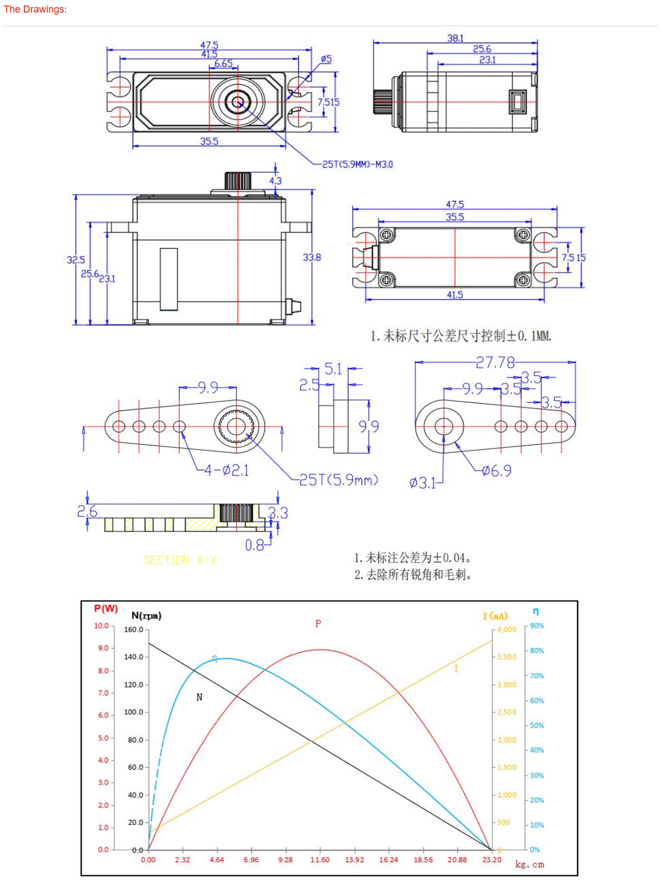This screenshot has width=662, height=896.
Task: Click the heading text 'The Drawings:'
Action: (x=35, y=9)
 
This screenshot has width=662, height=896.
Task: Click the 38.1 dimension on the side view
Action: (x=455, y=38)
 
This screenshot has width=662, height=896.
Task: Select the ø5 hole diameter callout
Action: (x=326, y=58)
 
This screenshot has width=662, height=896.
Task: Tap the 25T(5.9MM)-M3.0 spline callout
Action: (x=357, y=164)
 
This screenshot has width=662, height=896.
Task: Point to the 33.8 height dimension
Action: (x=312, y=257)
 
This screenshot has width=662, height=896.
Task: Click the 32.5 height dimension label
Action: (x=76, y=259)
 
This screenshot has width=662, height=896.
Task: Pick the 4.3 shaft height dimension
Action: (x=275, y=180)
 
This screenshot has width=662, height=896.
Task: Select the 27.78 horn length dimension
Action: (x=495, y=362)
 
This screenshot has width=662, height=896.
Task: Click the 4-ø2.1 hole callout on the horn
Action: (x=226, y=470)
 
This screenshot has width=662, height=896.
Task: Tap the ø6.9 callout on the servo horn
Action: (x=496, y=471)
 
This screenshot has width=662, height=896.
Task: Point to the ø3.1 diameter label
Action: (x=422, y=483)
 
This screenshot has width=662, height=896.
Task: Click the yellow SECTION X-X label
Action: (x=180, y=561)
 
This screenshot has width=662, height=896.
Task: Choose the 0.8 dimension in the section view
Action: (x=254, y=545)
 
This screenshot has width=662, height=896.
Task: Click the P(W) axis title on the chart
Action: (x=106, y=609)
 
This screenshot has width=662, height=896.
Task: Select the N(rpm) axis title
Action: (x=146, y=616)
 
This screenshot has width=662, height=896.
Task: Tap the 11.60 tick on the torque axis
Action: (x=319, y=860)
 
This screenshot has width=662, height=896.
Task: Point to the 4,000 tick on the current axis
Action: (x=506, y=630)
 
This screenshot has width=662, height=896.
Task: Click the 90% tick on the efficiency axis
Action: (x=537, y=626)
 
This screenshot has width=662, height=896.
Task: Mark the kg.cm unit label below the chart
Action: (x=530, y=865)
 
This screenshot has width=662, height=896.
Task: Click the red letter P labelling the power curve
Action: (x=318, y=623)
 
